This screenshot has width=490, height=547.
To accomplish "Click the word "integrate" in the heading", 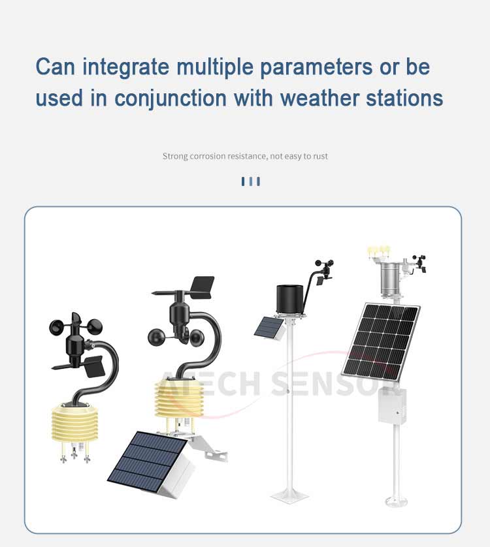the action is [125, 67].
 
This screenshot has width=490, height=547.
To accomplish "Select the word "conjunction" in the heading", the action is [171, 99].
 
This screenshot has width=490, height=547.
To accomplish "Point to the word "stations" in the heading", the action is [404, 99].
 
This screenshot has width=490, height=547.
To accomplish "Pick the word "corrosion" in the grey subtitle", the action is [208, 156].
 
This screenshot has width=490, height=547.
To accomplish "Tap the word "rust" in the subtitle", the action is [320, 156].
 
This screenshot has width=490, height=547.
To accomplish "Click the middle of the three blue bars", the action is [251, 181].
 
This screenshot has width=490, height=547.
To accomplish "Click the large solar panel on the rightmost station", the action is [382, 342].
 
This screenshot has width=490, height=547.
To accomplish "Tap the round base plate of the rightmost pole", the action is [396, 501].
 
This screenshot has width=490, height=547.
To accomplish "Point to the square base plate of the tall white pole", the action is [290, 495].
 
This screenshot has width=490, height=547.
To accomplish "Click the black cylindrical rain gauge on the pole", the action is [290, 300].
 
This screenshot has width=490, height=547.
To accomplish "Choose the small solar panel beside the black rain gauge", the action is [267, 327].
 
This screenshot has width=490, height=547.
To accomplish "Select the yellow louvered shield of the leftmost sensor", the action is [72, 422].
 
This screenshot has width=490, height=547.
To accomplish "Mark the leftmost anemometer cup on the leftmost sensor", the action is [57, 327].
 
